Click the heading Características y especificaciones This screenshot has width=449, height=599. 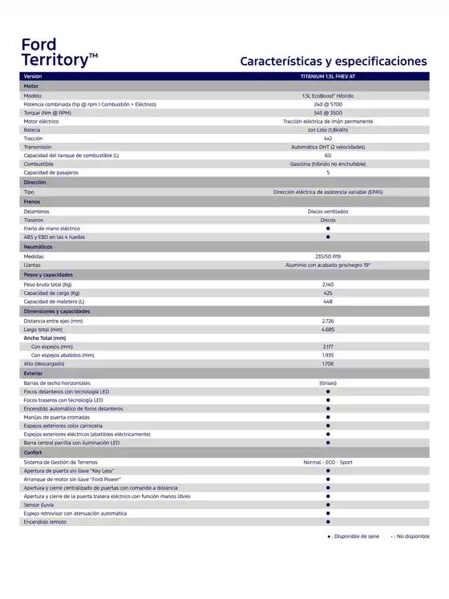pyautogui.click(x=334, y=61)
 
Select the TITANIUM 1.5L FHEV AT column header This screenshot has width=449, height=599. pyautogui.click(x=328, y=76)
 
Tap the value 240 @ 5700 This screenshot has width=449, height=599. pyautogui.click(x=328, y=104)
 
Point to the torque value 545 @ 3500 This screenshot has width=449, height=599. pyautogui.click(x=328, y=113)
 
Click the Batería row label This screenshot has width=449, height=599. pyautogui.click(x=32, y=130)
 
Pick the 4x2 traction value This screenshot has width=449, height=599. pyautogui.click(x=328, y=139)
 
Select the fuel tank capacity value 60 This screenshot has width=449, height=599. pyautogui.click(x=328, y=156)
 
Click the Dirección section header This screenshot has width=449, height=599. pyautogui.click(x=35, y=183)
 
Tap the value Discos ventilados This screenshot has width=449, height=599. pyautogui.click(x=328, y=211)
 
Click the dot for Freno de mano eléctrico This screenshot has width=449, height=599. pyautogui.click(x=328, y=229)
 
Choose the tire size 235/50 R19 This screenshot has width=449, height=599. pyautogui.click(x=328, y=257)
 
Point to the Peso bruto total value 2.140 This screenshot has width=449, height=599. pyautogui.click(x=328, y=285)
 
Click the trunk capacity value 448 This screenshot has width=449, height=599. pyautogui.click(x=328, y=302)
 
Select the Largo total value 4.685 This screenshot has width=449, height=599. pyautogui.click(x=328, y=330)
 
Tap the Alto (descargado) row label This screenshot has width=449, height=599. pyautogui.click(x=46, y=364)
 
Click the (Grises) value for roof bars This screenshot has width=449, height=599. pyautogui.click(x=328, y=383)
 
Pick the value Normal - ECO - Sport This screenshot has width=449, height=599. pyautogui.click(x=328, y=463)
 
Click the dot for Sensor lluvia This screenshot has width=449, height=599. pyautogui.click(x=328, y=505)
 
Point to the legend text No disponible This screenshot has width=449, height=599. pyautogui.click(x=412, y=536)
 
